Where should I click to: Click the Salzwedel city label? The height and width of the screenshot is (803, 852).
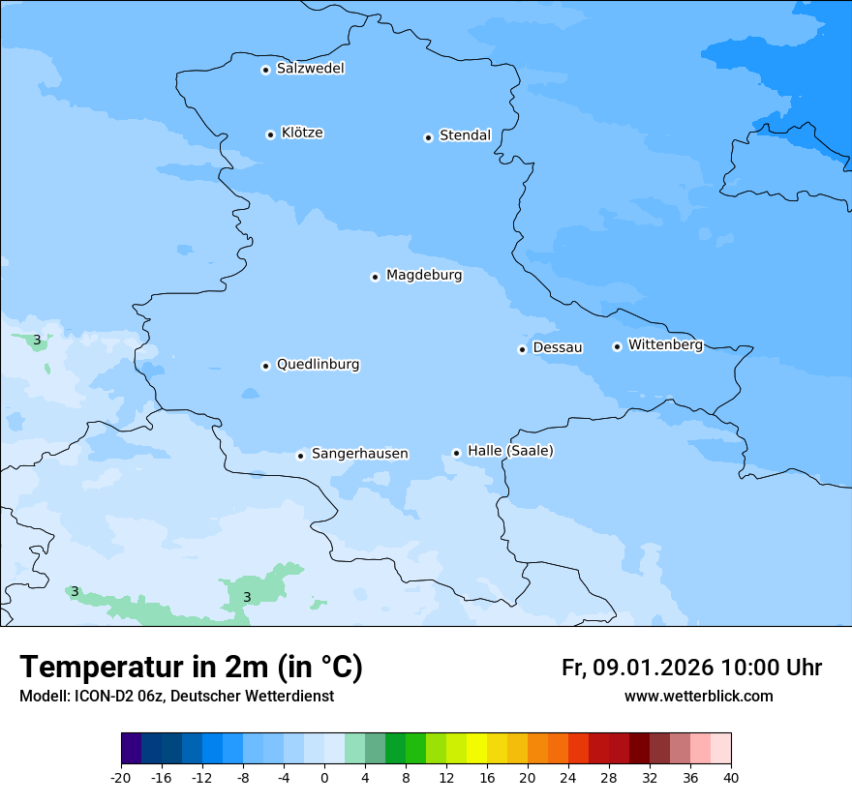[x=310, y=69]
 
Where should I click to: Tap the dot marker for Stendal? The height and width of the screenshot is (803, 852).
[x=428, y=137]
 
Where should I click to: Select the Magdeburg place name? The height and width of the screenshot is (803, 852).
[x=424, y=276]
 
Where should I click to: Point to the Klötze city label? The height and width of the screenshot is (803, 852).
[x=302, y=134]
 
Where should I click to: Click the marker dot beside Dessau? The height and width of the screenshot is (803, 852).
[x=522, y=349]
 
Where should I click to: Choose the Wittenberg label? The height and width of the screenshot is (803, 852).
[x=665, y=345]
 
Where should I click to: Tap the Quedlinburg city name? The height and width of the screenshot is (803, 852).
[x=318, y=365]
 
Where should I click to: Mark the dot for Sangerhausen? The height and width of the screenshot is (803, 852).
[x=300, y=456]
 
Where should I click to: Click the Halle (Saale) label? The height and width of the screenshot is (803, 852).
[x=510, y=451]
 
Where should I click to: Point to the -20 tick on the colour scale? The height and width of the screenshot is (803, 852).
[x=121, y=777]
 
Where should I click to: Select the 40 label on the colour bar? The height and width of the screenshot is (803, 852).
[x=730, y=777]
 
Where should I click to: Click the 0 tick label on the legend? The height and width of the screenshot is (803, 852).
[x=324, y=777]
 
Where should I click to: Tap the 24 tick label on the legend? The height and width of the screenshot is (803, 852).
[x=568, y=777]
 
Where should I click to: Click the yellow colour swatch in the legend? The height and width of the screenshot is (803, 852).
[x=476, y=749]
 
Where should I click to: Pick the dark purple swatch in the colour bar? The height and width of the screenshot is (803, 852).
[x=132, y=749]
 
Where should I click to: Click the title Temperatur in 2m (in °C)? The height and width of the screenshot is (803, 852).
[x=192, y=668]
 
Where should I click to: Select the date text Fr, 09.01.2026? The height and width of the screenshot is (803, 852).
[x=637, y=668]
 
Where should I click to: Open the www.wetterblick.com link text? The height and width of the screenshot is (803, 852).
[x=698, y=697]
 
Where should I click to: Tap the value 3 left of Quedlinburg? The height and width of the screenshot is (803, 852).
[x=37, y=341]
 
